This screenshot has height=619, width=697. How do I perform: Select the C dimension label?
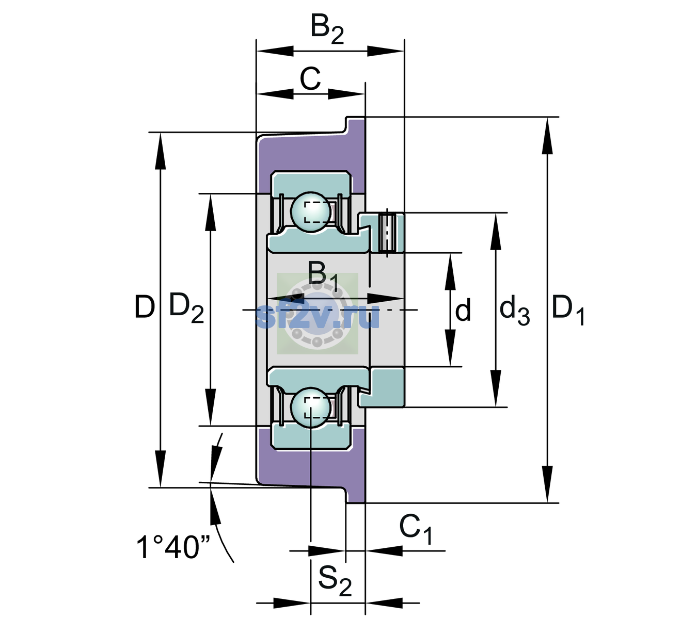[x=310, y=78]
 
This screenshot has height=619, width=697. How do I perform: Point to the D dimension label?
[x=145, y=307]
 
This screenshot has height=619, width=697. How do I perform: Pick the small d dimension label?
[x=463, y=309]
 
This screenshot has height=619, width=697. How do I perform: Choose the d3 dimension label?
[x=514, y=310]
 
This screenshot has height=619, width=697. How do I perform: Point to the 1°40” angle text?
[x=173, y=547]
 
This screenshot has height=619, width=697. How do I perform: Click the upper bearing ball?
[x=311, y=213]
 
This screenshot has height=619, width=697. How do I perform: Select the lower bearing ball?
[x=311, y=408]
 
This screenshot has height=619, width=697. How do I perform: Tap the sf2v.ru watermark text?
[x=317, y=316]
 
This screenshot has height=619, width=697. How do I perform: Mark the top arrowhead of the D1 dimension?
[x=547, y=136]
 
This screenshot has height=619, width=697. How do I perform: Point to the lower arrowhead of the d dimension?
[x=450, y=348]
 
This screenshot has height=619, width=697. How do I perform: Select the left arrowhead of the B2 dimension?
[x=275, y=51]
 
